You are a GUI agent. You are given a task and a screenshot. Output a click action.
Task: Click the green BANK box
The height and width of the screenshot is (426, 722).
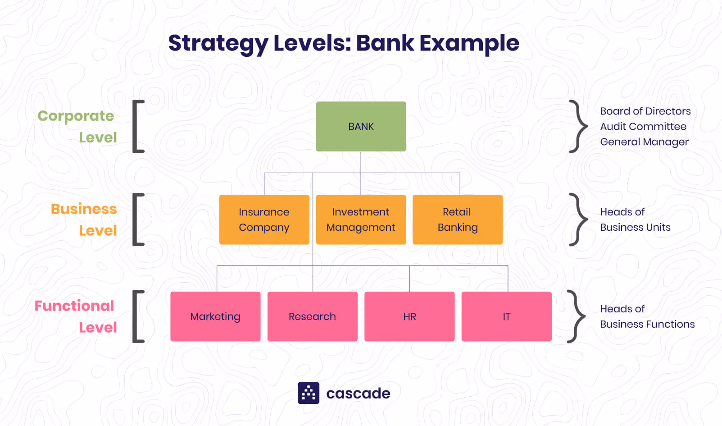point(361,127)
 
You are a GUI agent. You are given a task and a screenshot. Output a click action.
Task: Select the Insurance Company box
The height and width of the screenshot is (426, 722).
point(264,220)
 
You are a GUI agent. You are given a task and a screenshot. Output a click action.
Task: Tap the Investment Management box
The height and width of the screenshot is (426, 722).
point(361,220)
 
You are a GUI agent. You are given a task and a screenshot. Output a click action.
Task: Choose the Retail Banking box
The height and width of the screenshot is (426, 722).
point(457,220)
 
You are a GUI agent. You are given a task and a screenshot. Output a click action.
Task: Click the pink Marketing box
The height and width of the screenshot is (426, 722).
point(215,316)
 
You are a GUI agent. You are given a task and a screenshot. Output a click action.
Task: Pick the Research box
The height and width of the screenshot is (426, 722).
point(312,316)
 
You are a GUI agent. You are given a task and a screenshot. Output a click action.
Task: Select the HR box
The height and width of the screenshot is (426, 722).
point(409,316)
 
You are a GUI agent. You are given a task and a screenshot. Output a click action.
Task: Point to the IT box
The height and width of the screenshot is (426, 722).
point(506,316)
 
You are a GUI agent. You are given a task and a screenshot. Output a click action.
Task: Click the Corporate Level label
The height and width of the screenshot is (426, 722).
point(77,126)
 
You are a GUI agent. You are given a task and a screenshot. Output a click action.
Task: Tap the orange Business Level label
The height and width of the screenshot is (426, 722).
point(84,220)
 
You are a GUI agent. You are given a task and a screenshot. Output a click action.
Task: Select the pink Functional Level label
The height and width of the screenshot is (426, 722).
point(76,316)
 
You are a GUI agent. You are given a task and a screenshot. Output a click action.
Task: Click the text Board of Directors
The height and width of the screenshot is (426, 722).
point(645,111)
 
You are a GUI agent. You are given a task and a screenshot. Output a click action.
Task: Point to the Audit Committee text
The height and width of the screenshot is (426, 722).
point(643,127)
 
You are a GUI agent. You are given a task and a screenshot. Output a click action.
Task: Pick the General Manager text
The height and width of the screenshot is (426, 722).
point(644,142)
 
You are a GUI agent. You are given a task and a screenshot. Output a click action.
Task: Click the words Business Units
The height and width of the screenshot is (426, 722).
point(635,227)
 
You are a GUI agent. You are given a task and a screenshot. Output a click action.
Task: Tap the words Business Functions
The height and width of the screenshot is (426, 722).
point(647,324)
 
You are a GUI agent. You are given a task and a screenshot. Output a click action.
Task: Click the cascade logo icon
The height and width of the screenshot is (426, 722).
point(309,393)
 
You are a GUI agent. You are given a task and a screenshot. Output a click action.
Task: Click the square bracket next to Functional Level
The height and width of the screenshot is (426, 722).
point(138,316)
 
